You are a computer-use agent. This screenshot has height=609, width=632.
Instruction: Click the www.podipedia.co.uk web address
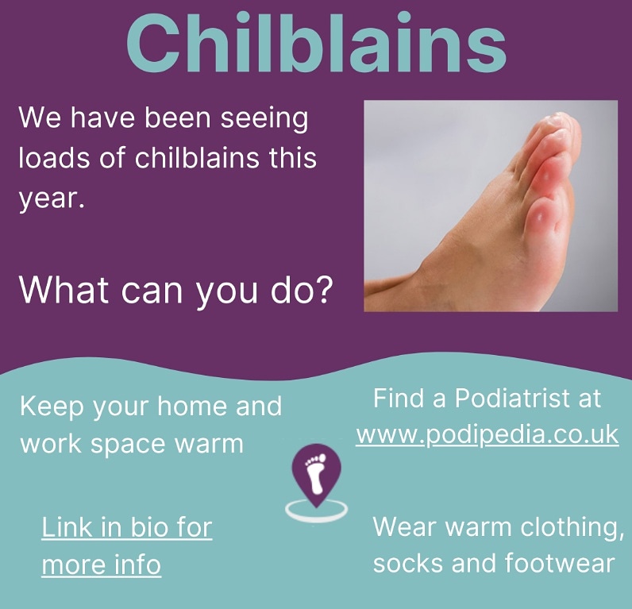(x=487, y=435)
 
